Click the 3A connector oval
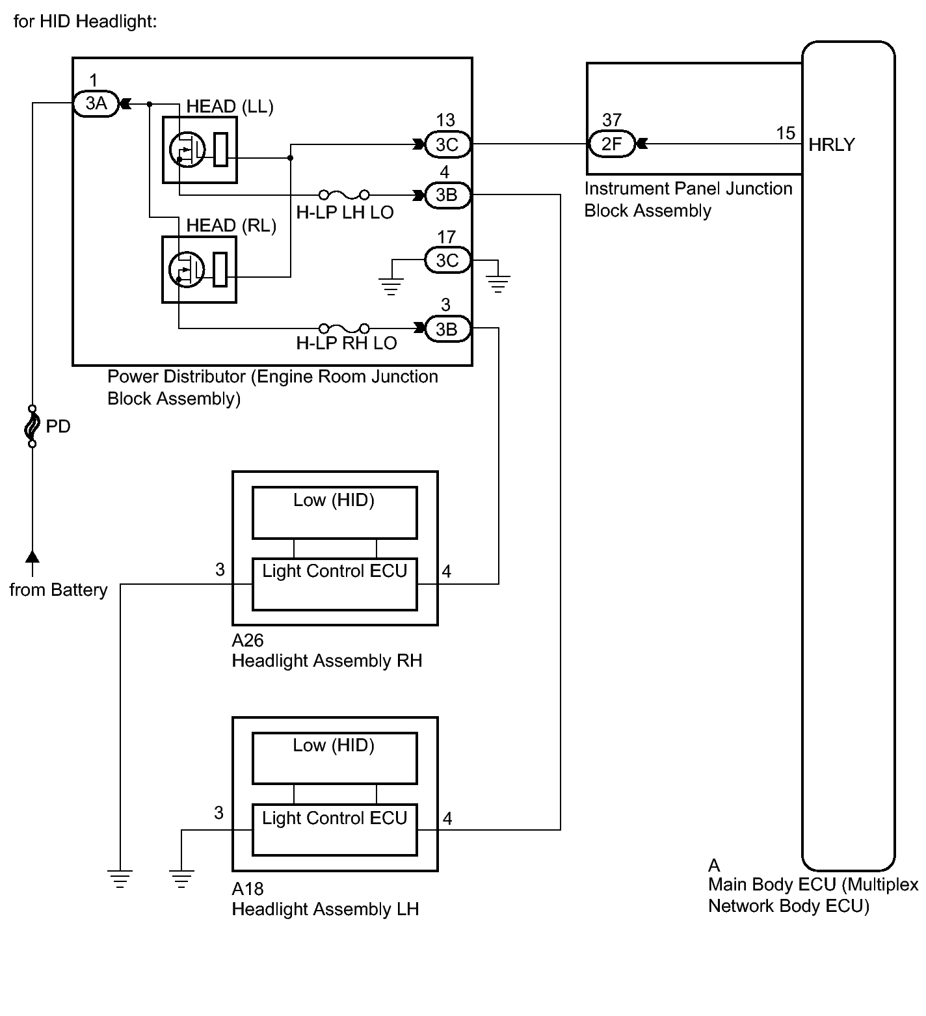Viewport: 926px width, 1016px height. (96, 103)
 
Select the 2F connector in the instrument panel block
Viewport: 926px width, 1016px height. (611, 144)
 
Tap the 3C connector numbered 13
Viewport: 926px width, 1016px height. (447, 144)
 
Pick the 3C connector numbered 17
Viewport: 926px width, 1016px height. (447, 260)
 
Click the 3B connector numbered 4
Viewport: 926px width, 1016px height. (447, 194)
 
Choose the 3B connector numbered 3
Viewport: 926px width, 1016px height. (447, 329)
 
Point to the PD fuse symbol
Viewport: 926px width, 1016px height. (31, 427)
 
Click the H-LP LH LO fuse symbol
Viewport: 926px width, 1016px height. (345, 194)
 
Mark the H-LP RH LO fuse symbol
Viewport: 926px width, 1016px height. (345, 328)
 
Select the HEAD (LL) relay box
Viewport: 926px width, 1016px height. (199, 150)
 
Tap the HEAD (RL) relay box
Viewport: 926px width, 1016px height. (199, 269)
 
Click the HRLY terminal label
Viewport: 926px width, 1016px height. (832, 144)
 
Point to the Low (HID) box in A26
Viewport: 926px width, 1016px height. (334, 513)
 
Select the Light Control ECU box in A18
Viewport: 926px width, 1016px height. (334, 830)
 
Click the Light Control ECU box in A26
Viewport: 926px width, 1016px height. (334, 584)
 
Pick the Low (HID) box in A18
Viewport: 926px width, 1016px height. (334, 758)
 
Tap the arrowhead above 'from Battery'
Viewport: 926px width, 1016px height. (32, 555)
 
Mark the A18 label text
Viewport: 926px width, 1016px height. (248, 889)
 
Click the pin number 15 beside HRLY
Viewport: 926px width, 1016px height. (786, 133)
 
